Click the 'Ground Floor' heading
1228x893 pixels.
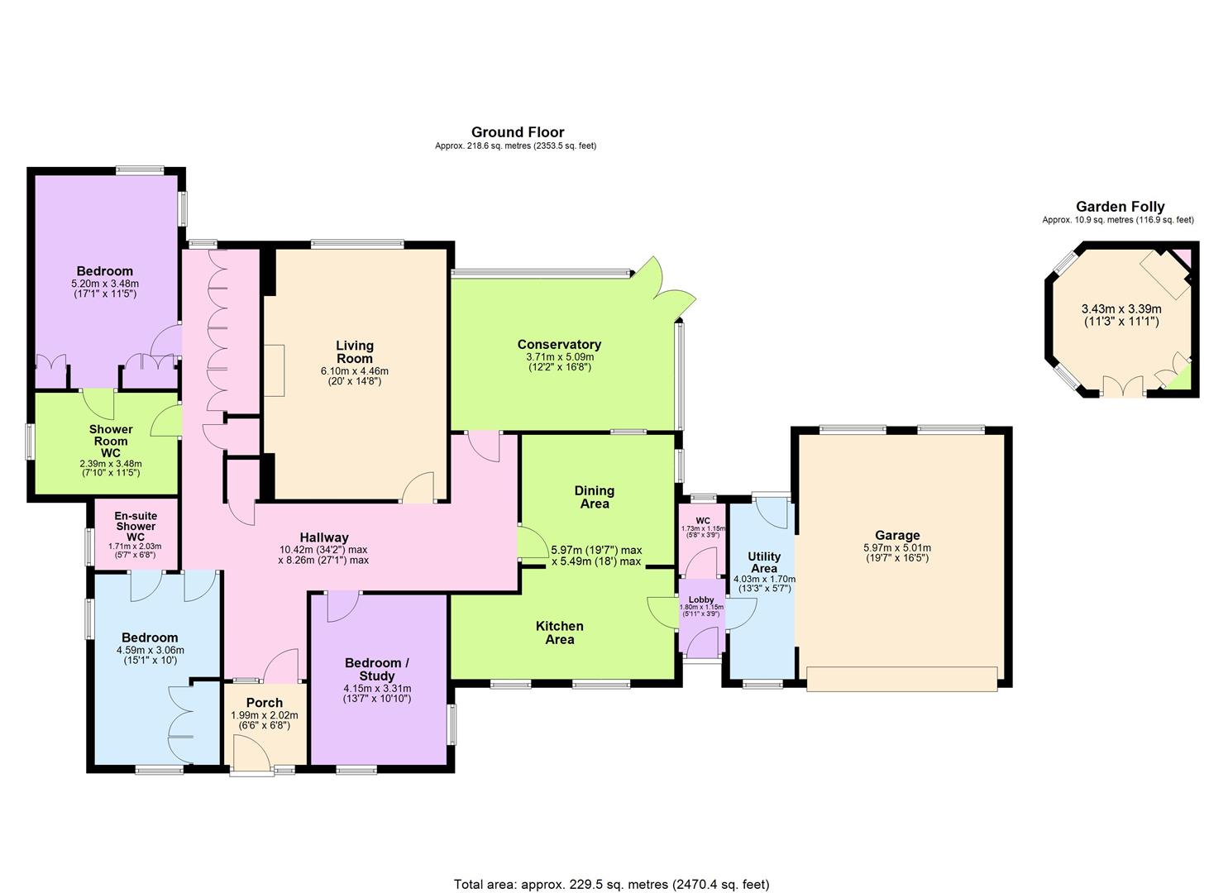click(x=518, y=132)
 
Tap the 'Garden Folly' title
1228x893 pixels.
click(x=1120, y=208)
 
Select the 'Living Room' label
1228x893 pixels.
click(x=355, y=352)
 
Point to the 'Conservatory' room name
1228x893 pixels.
click(x=559, y=345)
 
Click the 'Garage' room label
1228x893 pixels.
click(x=897, y=536)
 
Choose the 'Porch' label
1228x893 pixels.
click(x=265, y=703)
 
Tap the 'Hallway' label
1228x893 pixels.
click(x=324, y=537)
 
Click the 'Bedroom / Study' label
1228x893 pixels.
click(x=377, y=670)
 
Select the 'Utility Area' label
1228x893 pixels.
click(x=763, y=562)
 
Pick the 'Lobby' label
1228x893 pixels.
click(x=701, y=599)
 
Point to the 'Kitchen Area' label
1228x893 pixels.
click(x=560, y=633)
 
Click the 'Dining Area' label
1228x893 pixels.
click(x=595, y=497)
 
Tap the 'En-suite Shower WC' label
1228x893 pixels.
click(x=136, y=527)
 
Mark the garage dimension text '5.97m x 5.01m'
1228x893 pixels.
click(x=897, y=547)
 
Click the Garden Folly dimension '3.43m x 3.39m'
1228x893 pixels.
click(x=1120, y=309)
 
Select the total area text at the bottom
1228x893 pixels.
click(x=612, y=884)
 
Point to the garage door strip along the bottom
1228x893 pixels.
click(x=901, y=679)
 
